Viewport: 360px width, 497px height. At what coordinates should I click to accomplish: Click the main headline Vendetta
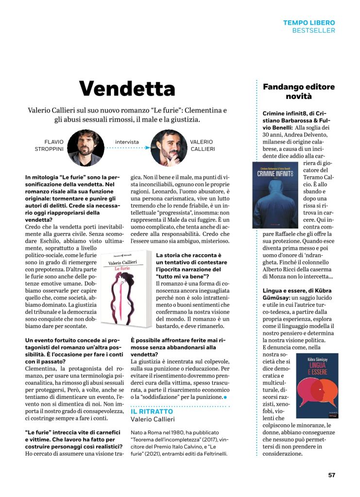(127, 88)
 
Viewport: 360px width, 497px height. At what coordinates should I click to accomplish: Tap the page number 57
(331, 475)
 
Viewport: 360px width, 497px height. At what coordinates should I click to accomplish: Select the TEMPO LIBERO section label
(309, 23)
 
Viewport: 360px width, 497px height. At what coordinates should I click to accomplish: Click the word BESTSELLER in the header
(313, 31)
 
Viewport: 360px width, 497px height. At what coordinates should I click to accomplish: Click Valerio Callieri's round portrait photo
(169, 147)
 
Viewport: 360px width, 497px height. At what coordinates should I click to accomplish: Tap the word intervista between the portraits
(127, 142)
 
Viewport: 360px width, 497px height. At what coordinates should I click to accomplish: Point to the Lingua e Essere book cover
(317, 386)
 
